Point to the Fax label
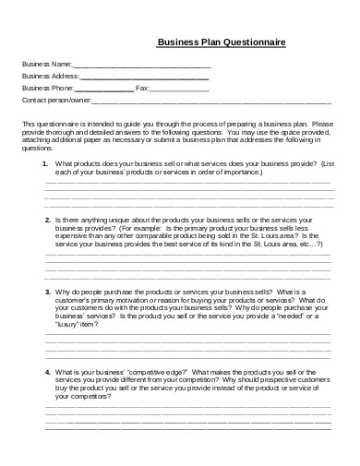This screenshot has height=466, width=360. coord(142,89)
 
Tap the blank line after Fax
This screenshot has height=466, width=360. coord(178,90)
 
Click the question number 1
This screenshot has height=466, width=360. coord(45,163)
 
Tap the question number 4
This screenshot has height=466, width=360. coord(46,370)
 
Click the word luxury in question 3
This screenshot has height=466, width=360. coord(69,325)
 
